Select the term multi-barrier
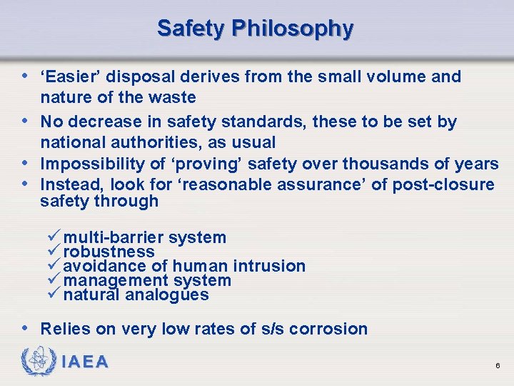114,237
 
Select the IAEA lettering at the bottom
85,362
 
